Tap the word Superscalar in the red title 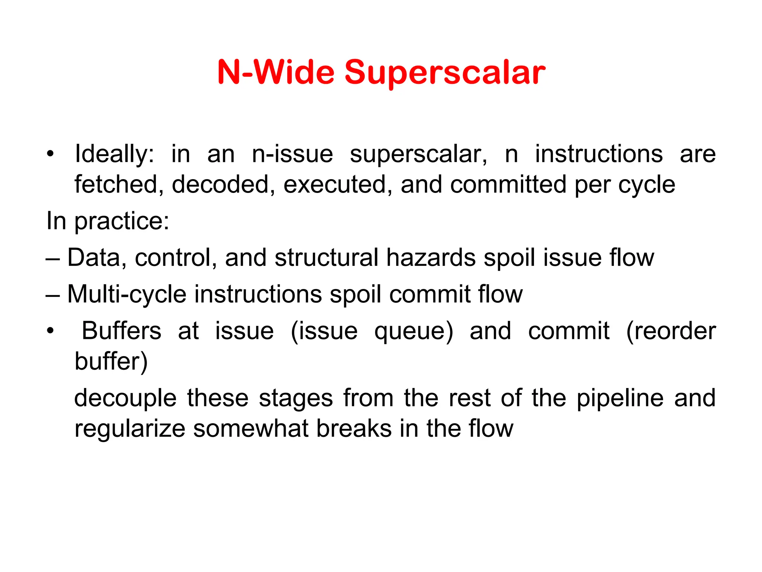pyautogui.click(x=445, y=73)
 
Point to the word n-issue pyautogui.click(x=292, y=154)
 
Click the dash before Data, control pyautogui.click(x=52, y=258)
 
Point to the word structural pyautogui.click(x=326, y=258)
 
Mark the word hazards pyautogui.click(x=430, y=258)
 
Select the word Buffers pyautogui.click(x=121, y=331)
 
